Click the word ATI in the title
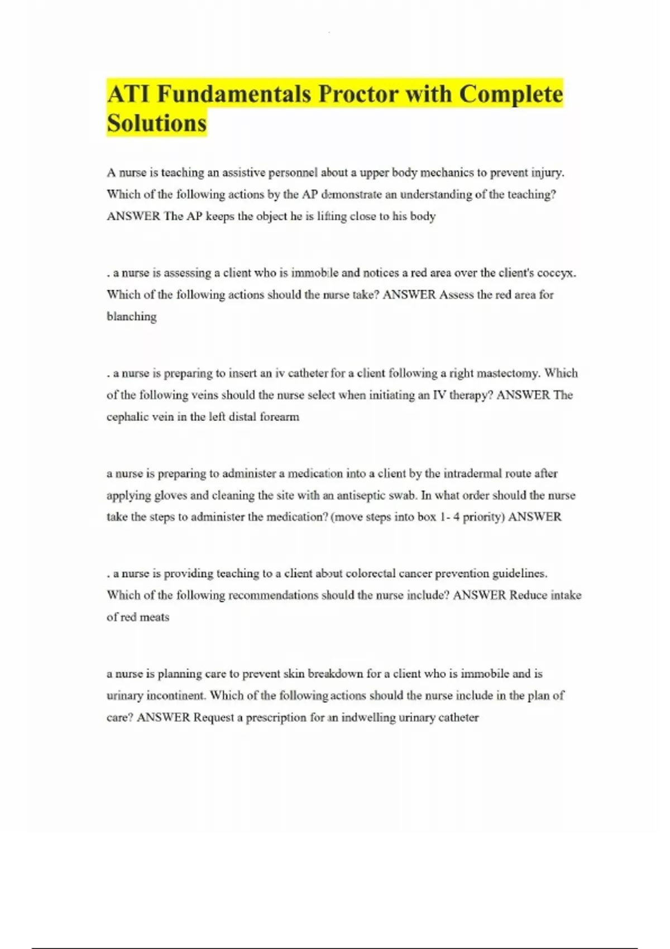click(128, 94)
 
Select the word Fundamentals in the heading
click(233, 94)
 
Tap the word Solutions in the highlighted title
click(156, 123)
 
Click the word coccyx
click(556, 273)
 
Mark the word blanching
click(132, 317)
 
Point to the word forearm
click(279, 417)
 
